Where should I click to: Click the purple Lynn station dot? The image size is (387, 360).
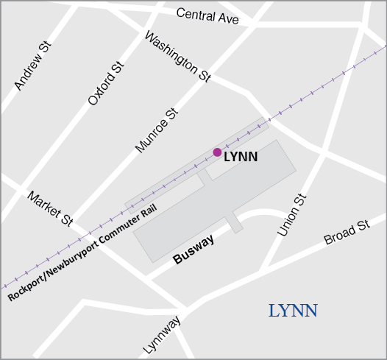tap(217, 152)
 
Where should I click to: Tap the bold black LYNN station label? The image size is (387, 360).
tap(241, 157)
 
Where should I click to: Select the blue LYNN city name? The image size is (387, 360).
tap(293, 311)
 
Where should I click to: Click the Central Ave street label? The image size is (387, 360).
tap(207, 15)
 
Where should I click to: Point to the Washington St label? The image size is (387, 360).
tap(178, 55)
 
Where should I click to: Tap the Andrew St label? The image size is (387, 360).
tap(33, 66)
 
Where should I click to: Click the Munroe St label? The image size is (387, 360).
tap(157, 130)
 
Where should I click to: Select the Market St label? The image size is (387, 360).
tap(50, 208)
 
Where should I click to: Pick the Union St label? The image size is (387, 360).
tap(291, 215)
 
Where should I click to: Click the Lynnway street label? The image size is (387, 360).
tap(162, 336)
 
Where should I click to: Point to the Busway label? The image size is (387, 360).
tap(193, 250)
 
